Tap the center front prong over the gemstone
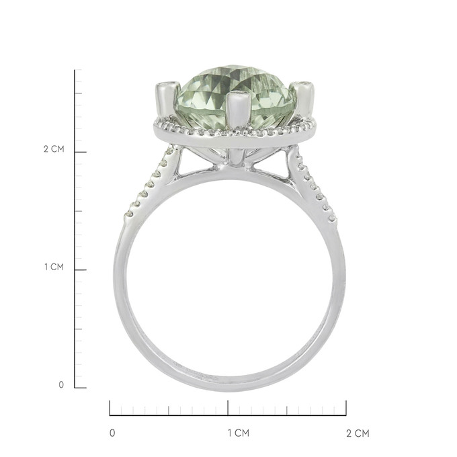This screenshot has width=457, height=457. [238, 110]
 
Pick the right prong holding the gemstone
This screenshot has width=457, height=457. [304, 98]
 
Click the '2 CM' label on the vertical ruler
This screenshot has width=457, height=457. [54, 149]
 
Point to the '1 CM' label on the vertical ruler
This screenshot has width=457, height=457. [54, 267]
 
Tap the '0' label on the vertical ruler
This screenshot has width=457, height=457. [61, 384]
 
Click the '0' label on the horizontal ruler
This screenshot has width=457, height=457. [112, 433]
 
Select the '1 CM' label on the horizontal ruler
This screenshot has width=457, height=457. [239, 433]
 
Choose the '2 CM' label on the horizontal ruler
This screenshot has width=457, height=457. [358, 433]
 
